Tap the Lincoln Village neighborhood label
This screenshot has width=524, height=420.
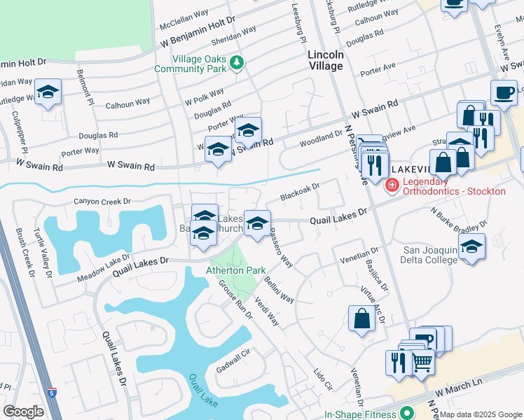326,60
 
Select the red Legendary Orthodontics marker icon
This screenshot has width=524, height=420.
392,185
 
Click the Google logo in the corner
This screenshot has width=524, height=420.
23,411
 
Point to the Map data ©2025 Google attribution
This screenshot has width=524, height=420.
481,414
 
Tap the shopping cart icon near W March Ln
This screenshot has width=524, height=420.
421,362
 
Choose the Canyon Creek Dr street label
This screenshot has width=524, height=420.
103,202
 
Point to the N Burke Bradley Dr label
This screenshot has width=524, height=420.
459,220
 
